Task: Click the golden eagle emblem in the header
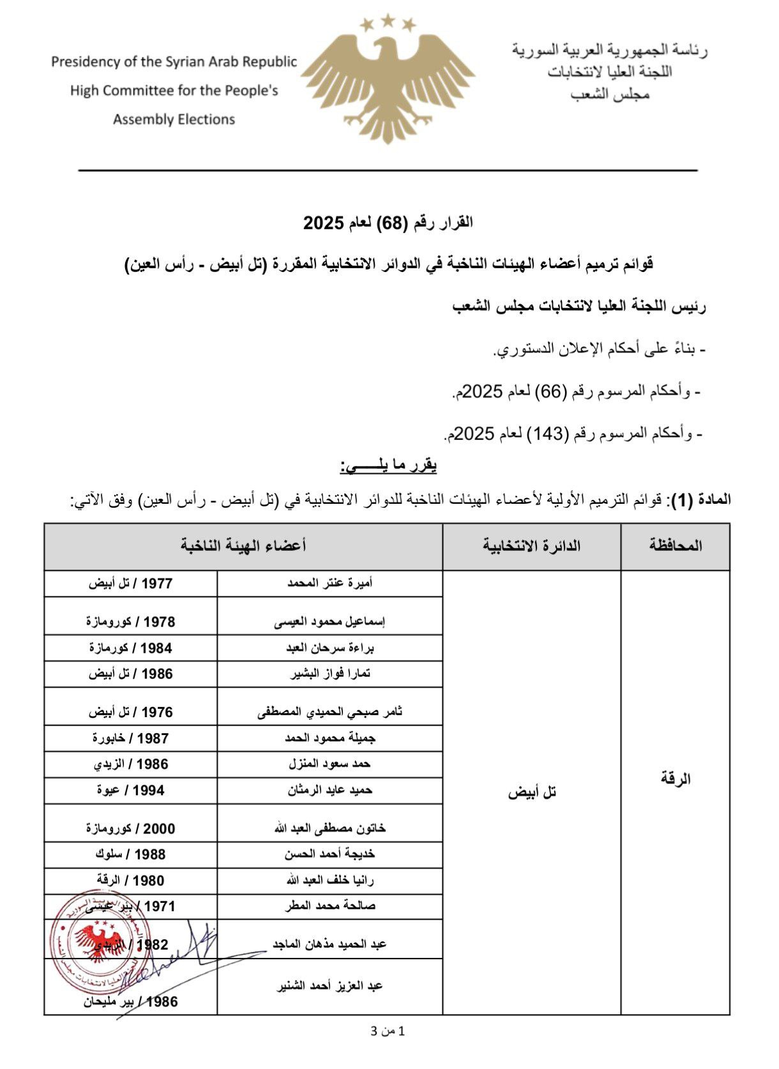[x=388, y=83]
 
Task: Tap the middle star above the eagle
[x=388, y=22]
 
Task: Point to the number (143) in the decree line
[x=552, y=434]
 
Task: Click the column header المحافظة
[x=676, y=545]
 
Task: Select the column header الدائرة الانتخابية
[x=531, y=545]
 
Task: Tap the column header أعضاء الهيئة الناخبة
[x=243, y=545]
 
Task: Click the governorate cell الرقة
[x=676, y=779]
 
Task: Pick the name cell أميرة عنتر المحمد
[x=329, y=583]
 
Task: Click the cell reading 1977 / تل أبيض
[x=130, y=583]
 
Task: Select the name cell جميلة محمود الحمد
[x=329, y=738]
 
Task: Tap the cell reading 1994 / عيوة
[x=130, y=790]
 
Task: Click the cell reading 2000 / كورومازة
[x=130, y=828]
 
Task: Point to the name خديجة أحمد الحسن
[x=329, y=854]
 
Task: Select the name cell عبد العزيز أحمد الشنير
[x=329, y=985]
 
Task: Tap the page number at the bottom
[x=388, y=1031]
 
